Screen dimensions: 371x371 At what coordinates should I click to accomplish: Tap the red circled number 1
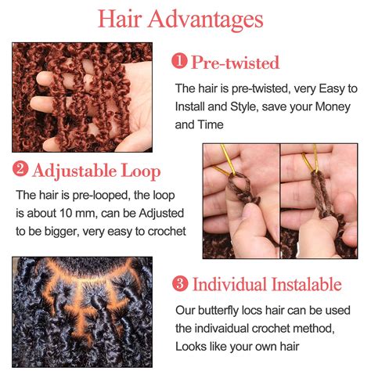180,62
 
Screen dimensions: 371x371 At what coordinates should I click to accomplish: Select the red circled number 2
20,170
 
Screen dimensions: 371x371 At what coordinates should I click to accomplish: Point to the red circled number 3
179,284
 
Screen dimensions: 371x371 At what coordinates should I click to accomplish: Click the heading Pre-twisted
235,62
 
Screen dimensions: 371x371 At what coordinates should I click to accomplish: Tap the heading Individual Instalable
267,284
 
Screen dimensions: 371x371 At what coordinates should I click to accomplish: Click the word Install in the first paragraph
191,106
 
